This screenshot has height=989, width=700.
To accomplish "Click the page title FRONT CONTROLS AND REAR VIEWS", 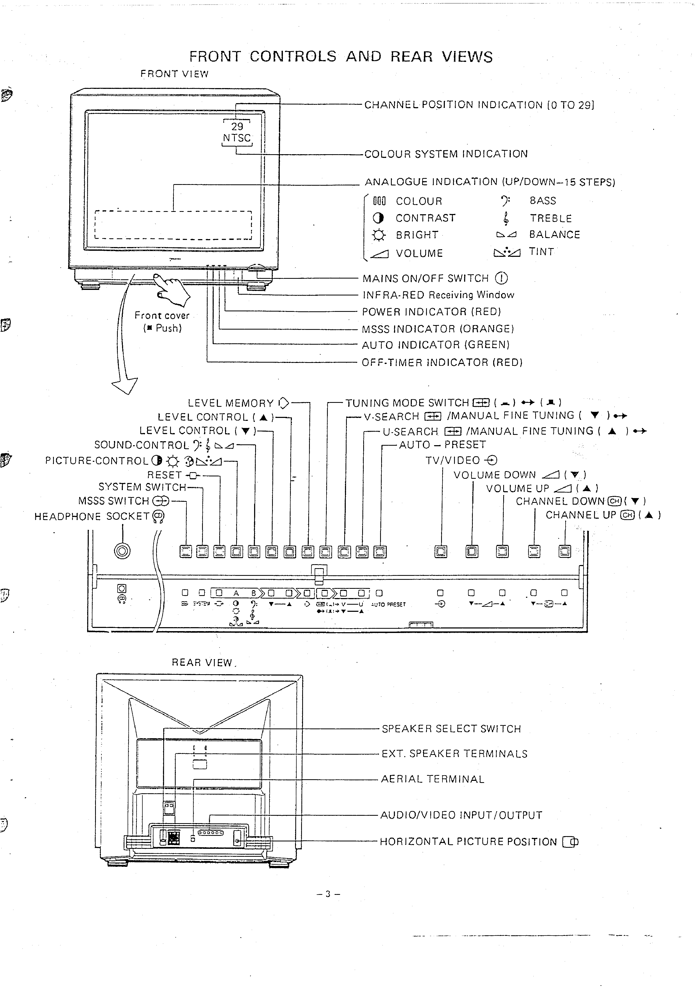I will [340, 57].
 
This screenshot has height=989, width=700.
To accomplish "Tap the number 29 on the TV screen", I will [237, 126].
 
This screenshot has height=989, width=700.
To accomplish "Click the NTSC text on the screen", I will [237, 138].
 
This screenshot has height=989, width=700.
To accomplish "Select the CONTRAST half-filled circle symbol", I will [378, 218].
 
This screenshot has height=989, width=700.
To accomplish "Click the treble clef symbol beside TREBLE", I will [506, 218].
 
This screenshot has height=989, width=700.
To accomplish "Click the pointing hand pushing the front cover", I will [172, 290].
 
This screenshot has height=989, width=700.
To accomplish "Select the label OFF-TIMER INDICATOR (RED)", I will [442, 362].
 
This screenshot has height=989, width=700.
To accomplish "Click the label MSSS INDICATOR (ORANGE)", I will [437, 329].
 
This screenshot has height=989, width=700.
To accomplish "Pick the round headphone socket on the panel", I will [122, 551].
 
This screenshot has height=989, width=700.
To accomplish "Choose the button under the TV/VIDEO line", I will [441, 552].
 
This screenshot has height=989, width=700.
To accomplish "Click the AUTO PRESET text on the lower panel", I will [388, 604].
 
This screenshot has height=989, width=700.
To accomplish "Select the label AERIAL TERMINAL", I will [432, 779].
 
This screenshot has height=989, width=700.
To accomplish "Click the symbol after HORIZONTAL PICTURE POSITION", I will [570, 842].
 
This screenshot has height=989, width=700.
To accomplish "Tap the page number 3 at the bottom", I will [328, 894].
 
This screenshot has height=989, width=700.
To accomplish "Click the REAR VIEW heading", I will [202, 662].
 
